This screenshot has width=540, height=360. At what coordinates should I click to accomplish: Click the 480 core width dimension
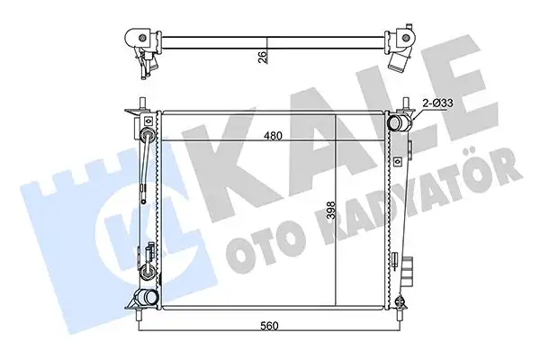tap(273, 136)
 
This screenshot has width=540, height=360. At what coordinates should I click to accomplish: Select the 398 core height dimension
tap(331, 210)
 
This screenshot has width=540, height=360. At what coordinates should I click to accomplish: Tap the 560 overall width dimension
tap(269, 325)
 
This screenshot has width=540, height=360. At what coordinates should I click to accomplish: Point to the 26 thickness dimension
tap(263, 57)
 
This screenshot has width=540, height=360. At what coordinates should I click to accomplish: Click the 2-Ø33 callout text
tap(437, 103)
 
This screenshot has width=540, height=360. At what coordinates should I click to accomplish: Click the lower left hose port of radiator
tap(147, 297)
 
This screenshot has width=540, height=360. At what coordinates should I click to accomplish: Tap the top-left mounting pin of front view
tap(142, 104)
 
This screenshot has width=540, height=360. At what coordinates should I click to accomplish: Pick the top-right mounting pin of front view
tap(406, 104)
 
